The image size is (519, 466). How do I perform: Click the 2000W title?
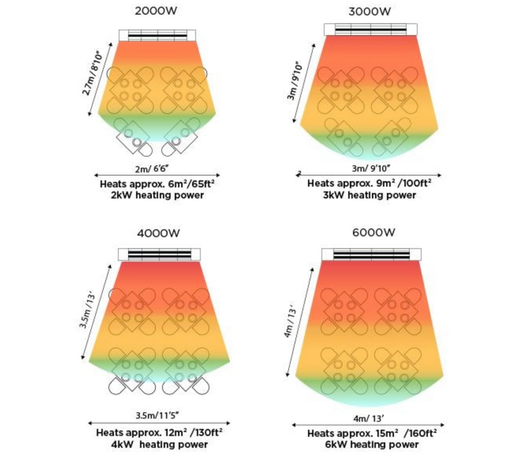[x=158, y=10]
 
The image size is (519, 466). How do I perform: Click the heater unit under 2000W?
[x=158, y=34]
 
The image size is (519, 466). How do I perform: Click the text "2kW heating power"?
[x=158, y=195]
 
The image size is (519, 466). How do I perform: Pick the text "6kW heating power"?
[x=372, y=445]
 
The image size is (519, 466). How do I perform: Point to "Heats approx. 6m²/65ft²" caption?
[x=158, y=184]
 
